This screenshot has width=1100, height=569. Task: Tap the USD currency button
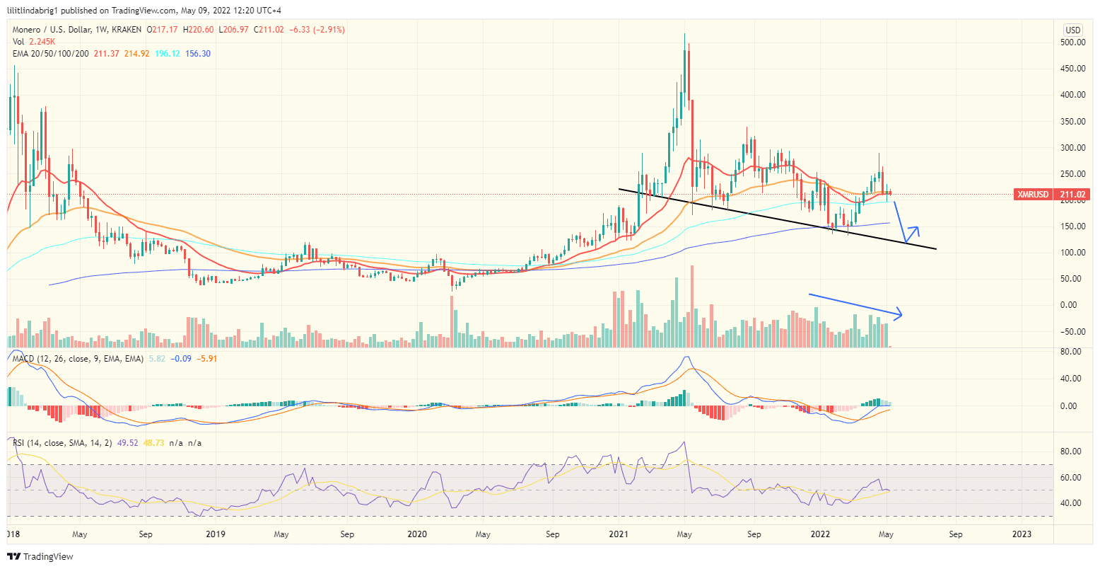(1073, 30)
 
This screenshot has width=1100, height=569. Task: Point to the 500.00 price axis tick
(1073, 42)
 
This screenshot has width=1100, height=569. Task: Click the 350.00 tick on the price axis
(1073, 122)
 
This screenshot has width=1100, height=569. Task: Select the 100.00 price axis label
(1073, 253)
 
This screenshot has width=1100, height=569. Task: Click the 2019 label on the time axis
(216, 534)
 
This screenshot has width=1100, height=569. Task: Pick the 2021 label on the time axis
(619, 534)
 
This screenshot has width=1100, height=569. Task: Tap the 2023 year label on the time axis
(1022, 534)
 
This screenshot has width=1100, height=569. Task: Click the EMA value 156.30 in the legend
(198, 54)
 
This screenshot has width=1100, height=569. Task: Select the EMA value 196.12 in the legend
(167, 54)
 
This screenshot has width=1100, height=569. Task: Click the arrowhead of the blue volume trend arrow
(901, 314)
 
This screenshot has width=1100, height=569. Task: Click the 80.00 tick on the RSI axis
(1073, 452)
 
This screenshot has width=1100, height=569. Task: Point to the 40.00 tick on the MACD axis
(1073, 379)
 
